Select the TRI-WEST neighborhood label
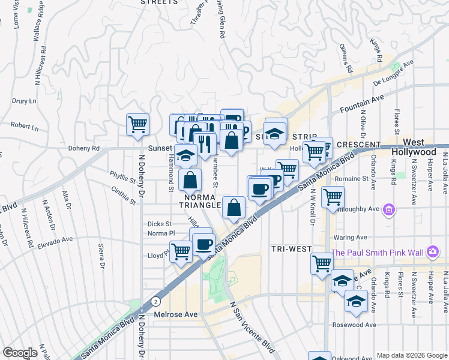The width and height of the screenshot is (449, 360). coord(291,248)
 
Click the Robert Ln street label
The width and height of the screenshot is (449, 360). coord(24,127)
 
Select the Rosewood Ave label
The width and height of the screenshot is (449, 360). coord(354,325)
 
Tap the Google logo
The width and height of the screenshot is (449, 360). coord(20,353)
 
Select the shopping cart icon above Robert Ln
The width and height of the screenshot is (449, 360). coord(138,124)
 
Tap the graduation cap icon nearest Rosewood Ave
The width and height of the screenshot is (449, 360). coord(356,302)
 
